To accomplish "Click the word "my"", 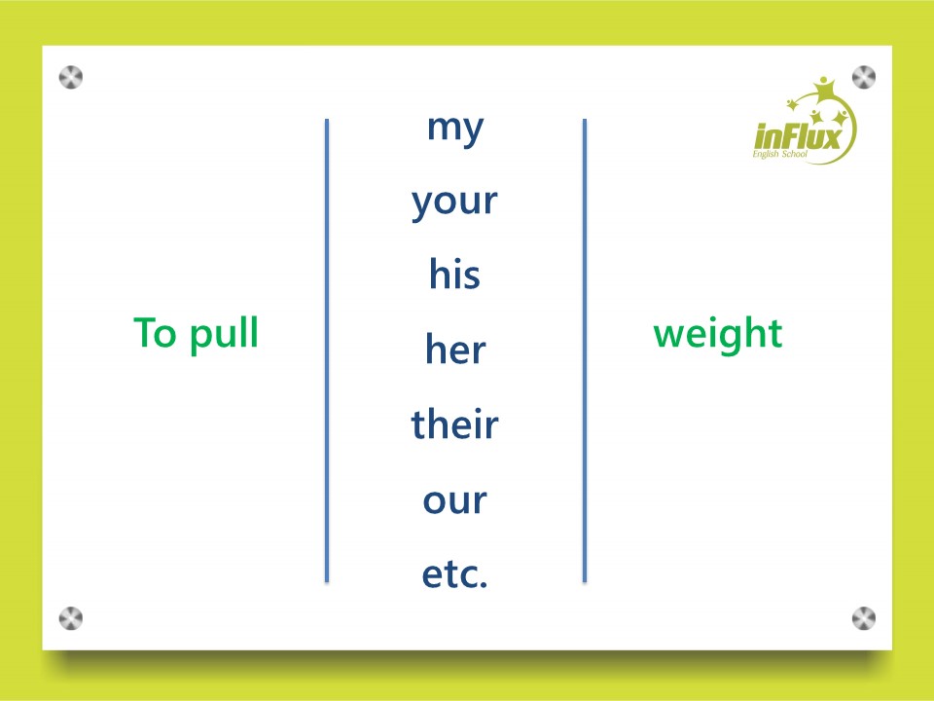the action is (x=455, y=129).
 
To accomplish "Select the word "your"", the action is (x=454, y=203).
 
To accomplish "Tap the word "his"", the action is (x=454, y=275).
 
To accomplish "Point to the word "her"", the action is (x=455, y=349).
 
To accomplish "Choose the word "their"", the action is (x=454, y=424).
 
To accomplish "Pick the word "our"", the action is (x=455, y=500).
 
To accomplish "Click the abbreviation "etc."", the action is (x=454, y=574).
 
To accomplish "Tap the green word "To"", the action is (x=155, y=332).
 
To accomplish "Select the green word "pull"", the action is (x=224, y=334).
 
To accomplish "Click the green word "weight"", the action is (x=718, y=334).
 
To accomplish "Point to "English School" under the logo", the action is (x=779, y=154).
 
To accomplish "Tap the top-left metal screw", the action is (x=71, y=78).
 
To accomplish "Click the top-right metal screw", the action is (x=864, y=78).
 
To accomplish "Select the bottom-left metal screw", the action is (x=71, y=618).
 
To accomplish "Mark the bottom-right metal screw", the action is (x=864, y=618).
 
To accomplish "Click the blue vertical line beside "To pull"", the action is (x=327, y=350).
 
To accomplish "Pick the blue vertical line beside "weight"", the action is (x=585, y=350).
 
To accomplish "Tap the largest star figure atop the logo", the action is (x=825, y=89).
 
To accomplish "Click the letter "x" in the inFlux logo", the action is (x=833, y=137).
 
